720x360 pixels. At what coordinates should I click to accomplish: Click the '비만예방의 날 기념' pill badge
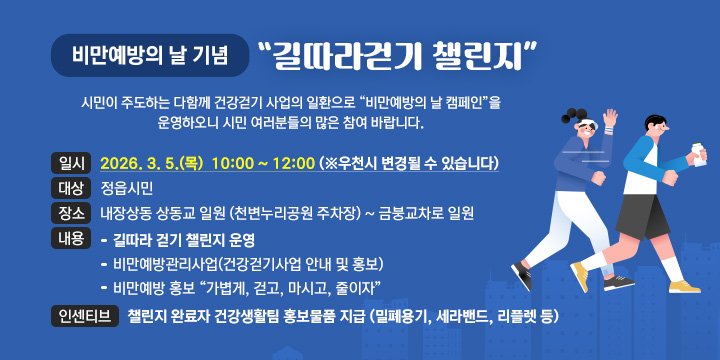[x=153, y=56]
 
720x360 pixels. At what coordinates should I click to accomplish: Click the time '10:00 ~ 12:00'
[x=263, y=163]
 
